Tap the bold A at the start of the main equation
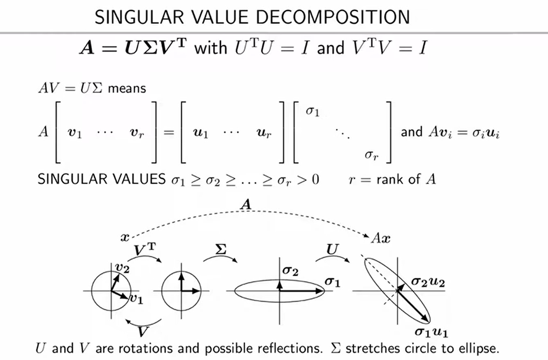tap(87, 47)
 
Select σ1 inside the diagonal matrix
tap(313, 111)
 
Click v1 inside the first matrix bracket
tap(75, 133)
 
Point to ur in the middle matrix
tap(264, 133)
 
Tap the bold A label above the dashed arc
tap(246, 205)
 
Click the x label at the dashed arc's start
tap(125, 238)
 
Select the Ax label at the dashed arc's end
tap(381, 238)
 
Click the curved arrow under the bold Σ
tap(220, 257)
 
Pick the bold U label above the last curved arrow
tap(332, 250)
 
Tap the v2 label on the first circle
tap(122, 268)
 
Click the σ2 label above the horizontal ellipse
tap(290, 270)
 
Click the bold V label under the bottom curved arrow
tap(143, 331)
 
